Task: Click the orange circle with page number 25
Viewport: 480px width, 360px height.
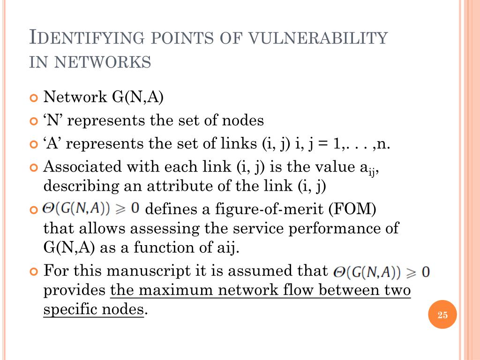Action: (x=442, y=315)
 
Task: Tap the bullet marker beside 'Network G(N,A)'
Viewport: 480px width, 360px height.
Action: (x=33, y=98)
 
